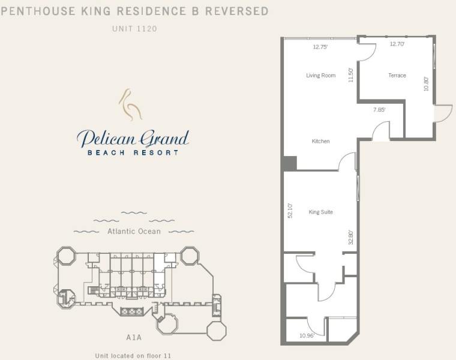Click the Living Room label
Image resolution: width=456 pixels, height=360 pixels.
tap(320, 76)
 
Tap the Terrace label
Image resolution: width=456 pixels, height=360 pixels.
tap(397, 76)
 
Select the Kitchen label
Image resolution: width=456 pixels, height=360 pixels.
tap(320, 141)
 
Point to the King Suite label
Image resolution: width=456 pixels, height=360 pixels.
tap(320, 212)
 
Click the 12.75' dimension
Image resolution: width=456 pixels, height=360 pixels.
tap(320, 47)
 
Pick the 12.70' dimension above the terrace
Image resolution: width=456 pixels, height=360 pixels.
tap(397, 44)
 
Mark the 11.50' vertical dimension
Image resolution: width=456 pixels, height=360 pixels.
tap(351, 75)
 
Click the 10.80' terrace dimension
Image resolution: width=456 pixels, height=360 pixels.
tap(426, 84)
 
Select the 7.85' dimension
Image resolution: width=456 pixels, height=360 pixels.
tap(379, 110)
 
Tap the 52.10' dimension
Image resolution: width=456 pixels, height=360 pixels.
tap(290, 211)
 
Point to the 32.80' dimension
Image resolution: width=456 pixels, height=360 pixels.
tap(351, 237)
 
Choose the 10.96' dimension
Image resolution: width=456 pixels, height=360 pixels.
tap(307, 335)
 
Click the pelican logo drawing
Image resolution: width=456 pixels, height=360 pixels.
tap(130, 104)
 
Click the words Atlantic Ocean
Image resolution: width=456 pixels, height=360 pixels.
tap(134, 231)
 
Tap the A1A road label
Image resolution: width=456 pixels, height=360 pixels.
tap(134, 337)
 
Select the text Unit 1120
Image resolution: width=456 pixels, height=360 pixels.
tap(134, 29)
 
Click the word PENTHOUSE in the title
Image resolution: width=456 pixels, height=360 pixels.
tap(38, 11)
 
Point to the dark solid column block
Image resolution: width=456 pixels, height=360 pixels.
tap(290, 163)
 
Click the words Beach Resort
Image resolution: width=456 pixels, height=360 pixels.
tap(133, 152)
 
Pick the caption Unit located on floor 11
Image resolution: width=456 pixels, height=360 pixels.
tap(133, 356)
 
